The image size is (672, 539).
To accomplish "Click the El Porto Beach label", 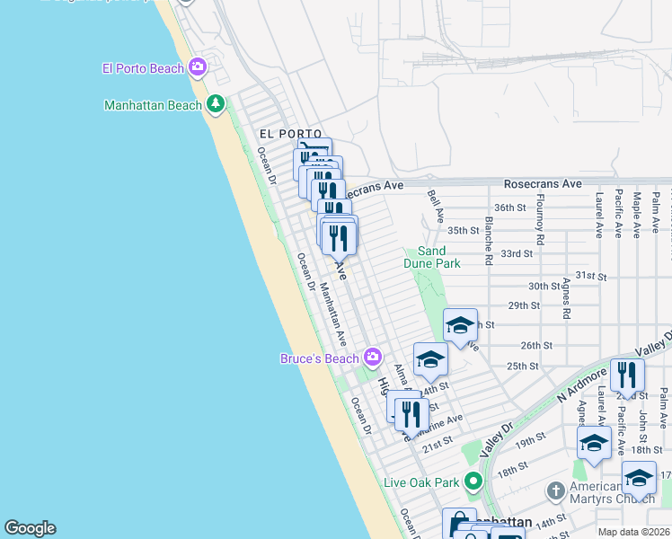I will (x=144, y=67).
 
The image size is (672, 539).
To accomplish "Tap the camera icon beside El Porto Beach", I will (x=199, y=66).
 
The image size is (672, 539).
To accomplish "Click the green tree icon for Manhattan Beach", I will (x=216, y=104).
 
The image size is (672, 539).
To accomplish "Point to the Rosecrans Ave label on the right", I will (x=543, y=183).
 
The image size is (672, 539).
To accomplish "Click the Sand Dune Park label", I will (x=438, y=257).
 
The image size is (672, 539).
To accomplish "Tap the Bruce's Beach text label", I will (x=319, y=359).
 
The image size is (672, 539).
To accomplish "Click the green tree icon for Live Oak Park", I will (x=473, y=482).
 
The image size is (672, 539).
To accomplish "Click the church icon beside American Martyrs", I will (x=556, y=491).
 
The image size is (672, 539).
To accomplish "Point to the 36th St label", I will (x=509, y=208).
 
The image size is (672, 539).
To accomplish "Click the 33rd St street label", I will (x=517, y=254).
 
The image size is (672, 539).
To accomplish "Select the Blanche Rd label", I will (x=489, y=241).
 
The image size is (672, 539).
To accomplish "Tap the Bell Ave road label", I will (x=438, y=206).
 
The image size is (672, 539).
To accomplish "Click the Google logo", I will (x=30, y=528).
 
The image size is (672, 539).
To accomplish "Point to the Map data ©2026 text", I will (x=634, y=532).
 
